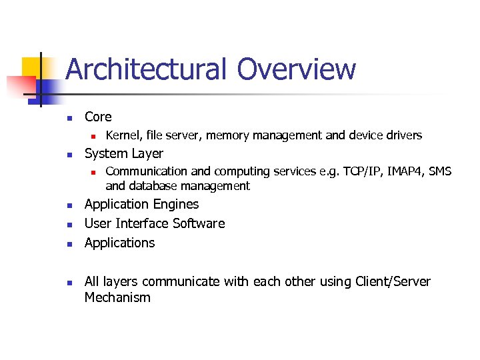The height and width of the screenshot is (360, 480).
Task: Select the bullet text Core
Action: coord(98,117)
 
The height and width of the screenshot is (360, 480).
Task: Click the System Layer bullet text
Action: coord(123,154)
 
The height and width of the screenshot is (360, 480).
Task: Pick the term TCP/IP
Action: coord(357,172)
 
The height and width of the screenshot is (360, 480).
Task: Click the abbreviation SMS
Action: coord(440,172)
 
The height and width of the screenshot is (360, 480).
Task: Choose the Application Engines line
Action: coord(141,205)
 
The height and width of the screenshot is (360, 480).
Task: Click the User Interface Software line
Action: coord(155,223)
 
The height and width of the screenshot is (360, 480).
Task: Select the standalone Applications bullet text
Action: coord(119,243)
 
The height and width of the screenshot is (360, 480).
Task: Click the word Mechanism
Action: coord(117,298)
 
